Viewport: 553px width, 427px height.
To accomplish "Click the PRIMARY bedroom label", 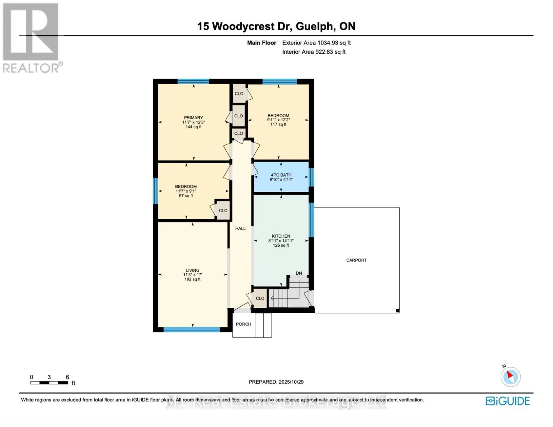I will point(193,118).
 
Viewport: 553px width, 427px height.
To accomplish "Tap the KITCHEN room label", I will point(281,236).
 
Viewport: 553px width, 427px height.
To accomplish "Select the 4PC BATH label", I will point(281,175).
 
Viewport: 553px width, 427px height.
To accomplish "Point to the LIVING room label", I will point(192,270).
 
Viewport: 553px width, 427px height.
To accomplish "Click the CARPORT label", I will point(356,260).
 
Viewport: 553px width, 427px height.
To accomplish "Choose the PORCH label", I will point(243,324).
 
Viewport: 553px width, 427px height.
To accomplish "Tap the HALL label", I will point(240,228).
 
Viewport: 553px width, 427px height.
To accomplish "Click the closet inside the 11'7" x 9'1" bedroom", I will point(223,211).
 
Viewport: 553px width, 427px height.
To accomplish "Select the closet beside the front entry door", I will point(260,298).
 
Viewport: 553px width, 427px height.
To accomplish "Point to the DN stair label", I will point(299,273).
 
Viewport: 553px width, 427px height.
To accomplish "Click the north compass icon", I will point(511,376).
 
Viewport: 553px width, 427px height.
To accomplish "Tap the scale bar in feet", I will point(49,383).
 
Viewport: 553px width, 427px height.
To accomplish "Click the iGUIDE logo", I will point(508,401).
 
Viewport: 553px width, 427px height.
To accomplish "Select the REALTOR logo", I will point(31,38).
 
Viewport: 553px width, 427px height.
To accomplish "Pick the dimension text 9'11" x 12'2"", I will point(278,120).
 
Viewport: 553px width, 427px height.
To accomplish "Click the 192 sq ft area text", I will point(192,279).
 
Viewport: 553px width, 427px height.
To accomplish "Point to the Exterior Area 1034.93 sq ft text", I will point(316,43).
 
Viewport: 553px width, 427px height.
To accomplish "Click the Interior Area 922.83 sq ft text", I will point(314,52).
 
